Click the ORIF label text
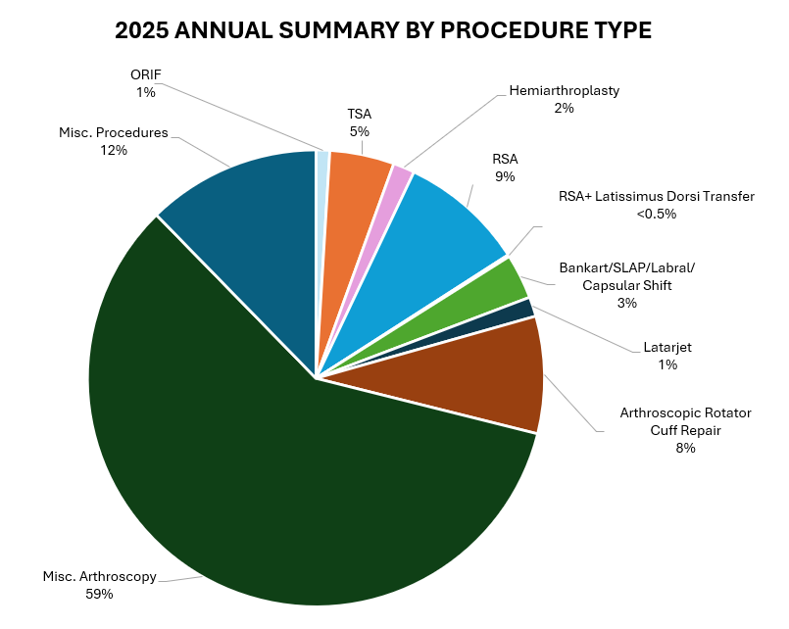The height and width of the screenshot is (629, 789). click(145, 74)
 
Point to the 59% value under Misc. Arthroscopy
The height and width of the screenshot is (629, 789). click(99, 594)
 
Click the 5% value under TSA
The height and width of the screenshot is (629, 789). click(359, 130)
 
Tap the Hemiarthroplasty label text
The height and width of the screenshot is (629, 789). click(564, 91)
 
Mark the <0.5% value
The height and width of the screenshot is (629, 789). click(656, 214)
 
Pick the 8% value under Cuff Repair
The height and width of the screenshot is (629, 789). click(685, 448)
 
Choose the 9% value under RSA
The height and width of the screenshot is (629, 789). click(505, 176)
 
